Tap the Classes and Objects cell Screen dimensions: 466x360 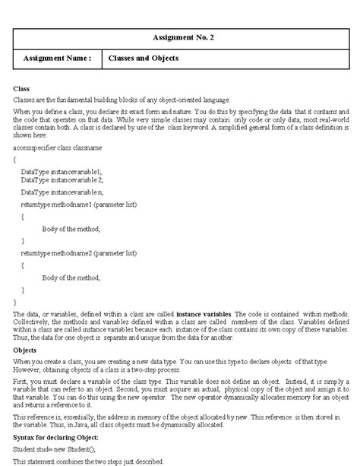click(x=144, y=58)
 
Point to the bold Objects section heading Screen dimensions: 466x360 click(x=25, y=349)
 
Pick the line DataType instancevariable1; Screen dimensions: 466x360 click(x=61, y=173)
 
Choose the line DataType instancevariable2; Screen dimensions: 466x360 click(x=61, y=181)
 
